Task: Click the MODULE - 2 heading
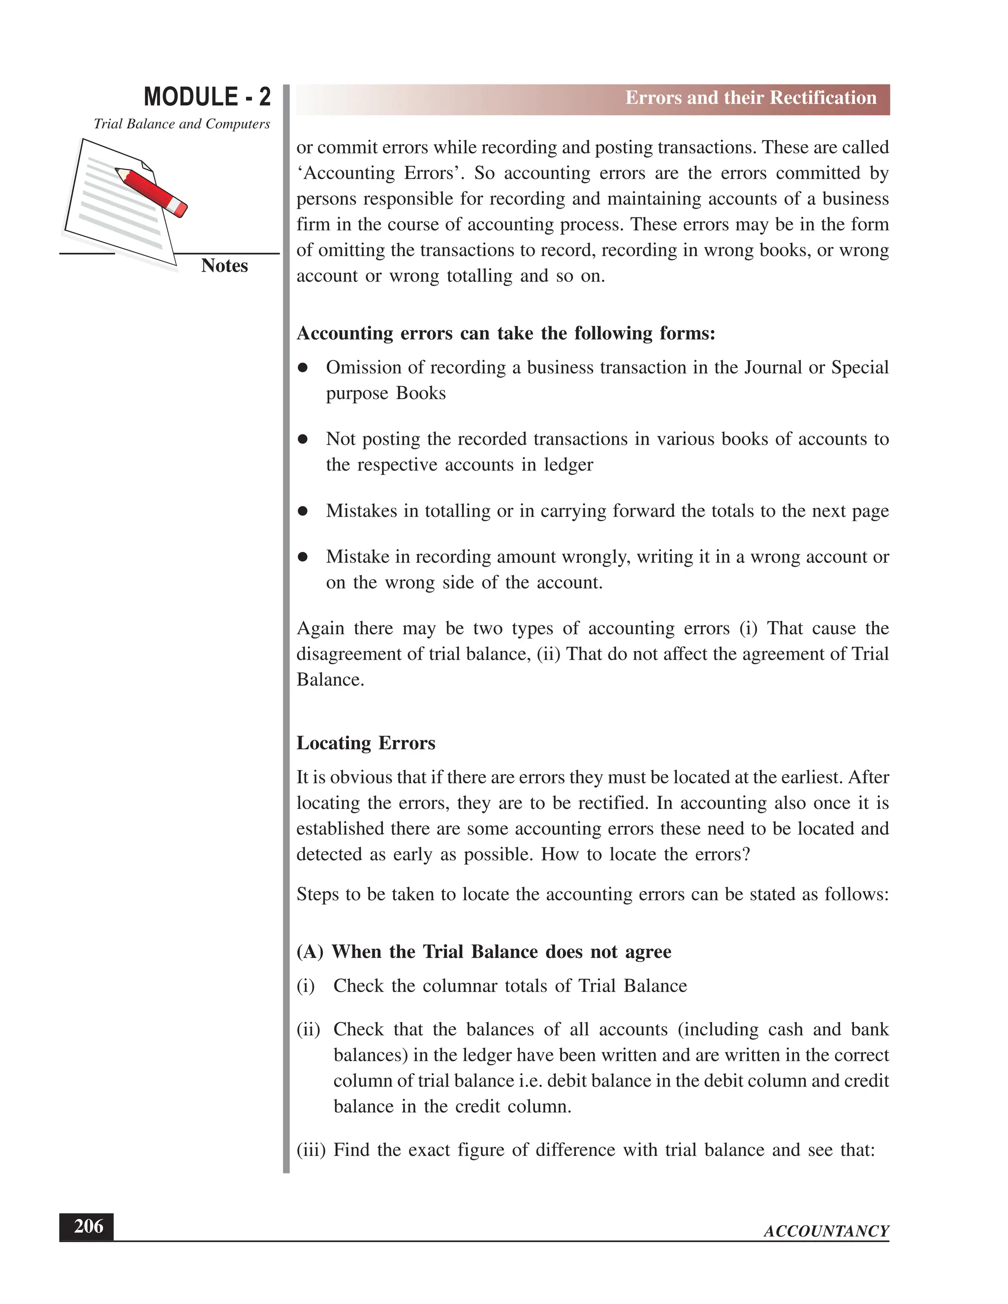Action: click(x=207, y=97)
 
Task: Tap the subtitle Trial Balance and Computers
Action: click(x=182, y=124)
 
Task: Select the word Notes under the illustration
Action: click(x=224, y=266)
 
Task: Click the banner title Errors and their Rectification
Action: click(x=750, y=98)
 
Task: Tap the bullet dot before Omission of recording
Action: click(x=303, y=368)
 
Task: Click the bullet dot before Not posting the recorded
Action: click(x=303, y=439)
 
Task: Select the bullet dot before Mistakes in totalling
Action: click(x=303, y=511)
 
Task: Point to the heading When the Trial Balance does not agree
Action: click(x=501, y=951)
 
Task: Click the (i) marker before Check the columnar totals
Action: click(x=305, y=986)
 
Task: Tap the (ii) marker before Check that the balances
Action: click(x=308, y=1029)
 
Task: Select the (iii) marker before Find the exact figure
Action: click(x=311, y=1150)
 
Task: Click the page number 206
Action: click(x=88, y=1226)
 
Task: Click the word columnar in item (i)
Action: click(x=460, y=986)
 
